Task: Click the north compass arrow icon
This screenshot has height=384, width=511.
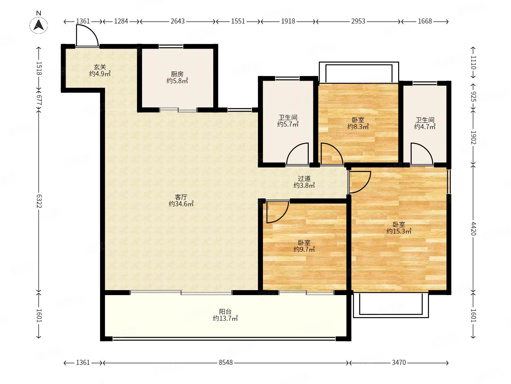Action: (39, 25)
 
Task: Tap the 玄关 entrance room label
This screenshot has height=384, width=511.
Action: (100, 67)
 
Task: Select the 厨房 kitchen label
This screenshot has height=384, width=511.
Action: (177, 74)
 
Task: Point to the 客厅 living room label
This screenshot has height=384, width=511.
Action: (181, 197)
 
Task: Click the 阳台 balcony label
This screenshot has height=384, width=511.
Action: (225, 311)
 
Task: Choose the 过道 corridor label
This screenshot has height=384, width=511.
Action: (304, 178)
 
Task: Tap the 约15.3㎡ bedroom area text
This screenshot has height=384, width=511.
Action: (399, 231)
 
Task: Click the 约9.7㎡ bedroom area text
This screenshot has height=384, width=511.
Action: (304, 250)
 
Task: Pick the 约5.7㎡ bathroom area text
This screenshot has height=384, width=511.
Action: (288, 124)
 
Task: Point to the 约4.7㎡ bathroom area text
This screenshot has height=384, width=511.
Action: (425, 127)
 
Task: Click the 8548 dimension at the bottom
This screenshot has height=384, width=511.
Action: (225, 363)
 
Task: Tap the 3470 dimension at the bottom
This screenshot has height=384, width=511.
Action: (399, 363)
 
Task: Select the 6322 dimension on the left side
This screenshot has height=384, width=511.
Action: (39, 201)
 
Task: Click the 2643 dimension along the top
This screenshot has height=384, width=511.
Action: (177, 21)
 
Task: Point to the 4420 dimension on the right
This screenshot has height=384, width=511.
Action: (473, 229)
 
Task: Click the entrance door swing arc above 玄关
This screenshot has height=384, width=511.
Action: (92, 30)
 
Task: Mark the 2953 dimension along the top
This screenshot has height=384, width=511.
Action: (358, 21)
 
